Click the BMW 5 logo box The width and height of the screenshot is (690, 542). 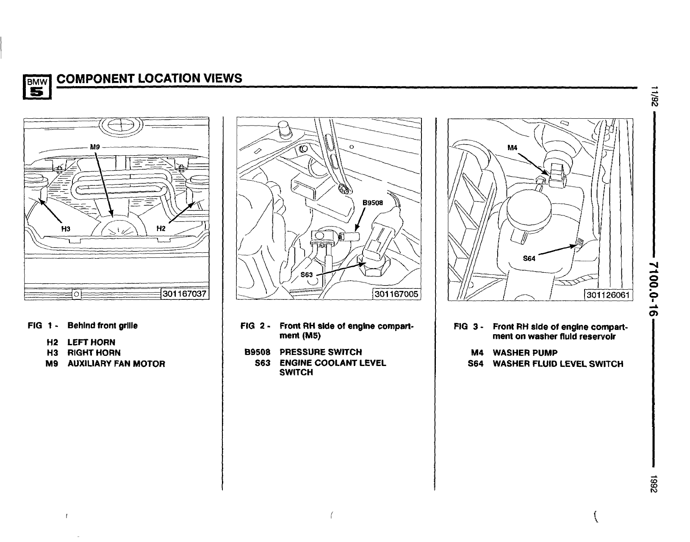tap(37, 86)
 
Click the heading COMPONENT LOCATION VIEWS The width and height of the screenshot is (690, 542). tap(150, 78)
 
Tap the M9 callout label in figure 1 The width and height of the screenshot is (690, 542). tap(94, 147)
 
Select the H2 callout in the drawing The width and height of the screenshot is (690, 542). tap(161, 229)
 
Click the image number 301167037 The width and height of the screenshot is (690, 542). tap(184, 293)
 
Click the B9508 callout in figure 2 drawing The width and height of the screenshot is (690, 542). tap(373, 203)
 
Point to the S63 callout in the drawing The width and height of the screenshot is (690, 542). tap(306, 274)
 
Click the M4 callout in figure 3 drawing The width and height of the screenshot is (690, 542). tap(513, 148)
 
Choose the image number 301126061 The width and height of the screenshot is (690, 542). tap(609, 294)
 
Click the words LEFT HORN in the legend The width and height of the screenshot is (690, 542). tap(91, 342)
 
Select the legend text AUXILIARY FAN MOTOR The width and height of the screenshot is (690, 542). tap(116, 364)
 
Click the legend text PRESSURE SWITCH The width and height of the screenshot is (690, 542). tap(321, 352)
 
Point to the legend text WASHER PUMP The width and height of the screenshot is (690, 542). tap(525, 353)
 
